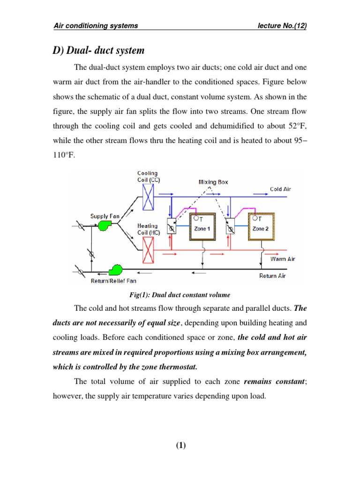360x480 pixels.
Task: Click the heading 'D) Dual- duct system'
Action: coord(99,50)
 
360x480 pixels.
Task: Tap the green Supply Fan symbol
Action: coord(104,226)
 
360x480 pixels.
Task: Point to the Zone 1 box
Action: coord(202,228)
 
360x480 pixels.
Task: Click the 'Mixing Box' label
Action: coord(213,182)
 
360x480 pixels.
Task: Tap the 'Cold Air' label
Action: coord(280,189)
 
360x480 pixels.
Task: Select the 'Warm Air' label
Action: coord(283,259)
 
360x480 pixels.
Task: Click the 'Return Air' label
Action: coord(272,276)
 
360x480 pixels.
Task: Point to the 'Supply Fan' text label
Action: coord(105,216)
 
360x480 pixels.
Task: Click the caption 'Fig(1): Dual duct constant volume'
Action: coord(180,294)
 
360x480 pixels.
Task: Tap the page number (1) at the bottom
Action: coord(180,446)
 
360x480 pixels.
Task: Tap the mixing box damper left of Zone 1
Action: coord(172,228)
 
